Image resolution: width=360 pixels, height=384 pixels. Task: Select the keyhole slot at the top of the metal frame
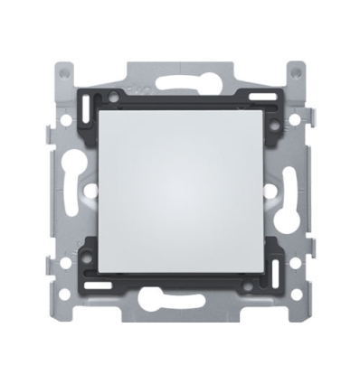click(x=180, y=73)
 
